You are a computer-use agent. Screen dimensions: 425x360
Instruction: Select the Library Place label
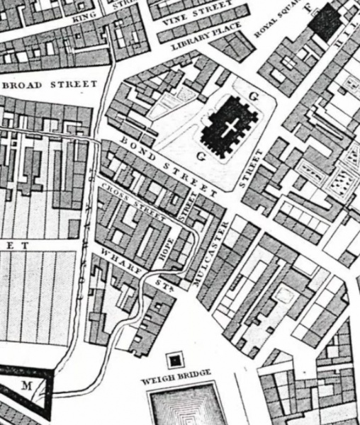pyautogui.click(x=206, y=37)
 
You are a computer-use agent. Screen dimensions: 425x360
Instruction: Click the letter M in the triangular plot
pyautogui.click(x=28, y=385)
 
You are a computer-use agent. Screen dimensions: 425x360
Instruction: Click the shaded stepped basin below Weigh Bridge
pyautogui.click(x=186, y=407)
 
